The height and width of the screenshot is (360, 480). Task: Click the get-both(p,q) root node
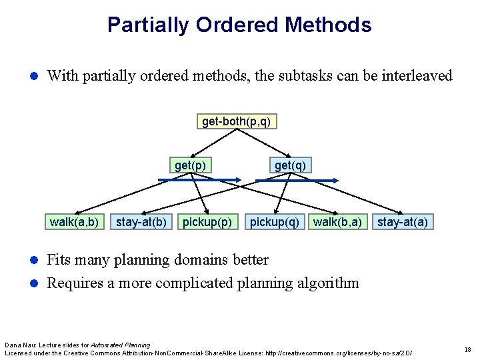pyautogui.click(x=237, y=121)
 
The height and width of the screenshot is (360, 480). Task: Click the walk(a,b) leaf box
pyautogui.click(x=74, y=221)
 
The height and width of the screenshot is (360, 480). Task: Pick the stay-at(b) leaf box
pyautogui.click(x=141, y=221)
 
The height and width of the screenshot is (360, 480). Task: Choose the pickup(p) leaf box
pyautogui.click(x=207, y=221)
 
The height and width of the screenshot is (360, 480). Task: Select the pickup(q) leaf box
pyautogui.click(x=274, y=221)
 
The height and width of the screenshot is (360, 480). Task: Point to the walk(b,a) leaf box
pyautogui.click(x=337, y=221)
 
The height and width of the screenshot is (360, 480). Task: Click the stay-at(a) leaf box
pyautogui.click(x=403, y=221)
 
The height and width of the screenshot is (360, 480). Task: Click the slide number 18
pyautogui.click(x=468, y=349)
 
